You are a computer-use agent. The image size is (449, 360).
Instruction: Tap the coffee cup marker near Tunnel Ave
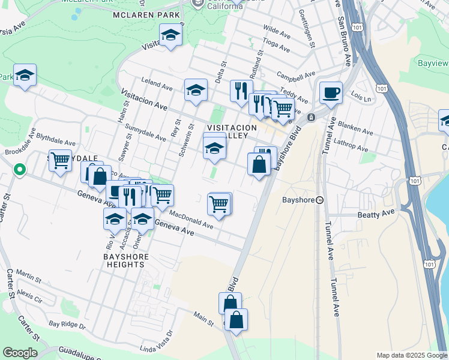pos(331,93)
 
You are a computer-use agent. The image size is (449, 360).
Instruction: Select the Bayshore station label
pos(298,200)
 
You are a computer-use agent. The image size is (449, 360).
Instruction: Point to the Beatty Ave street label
pos(376,212)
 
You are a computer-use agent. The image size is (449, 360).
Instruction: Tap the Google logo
pos(20,353)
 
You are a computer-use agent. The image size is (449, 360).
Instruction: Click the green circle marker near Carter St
pos(19,170)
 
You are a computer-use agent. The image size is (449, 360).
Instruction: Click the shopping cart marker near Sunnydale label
pos(60,161)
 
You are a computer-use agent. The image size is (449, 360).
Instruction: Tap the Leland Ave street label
pos(152,81)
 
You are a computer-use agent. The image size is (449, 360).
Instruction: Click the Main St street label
pos(204,319)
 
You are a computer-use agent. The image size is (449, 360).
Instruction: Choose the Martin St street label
pos(28,275)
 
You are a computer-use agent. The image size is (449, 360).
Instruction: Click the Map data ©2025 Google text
pos(411,355)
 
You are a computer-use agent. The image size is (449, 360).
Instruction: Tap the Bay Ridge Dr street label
pos(67,325)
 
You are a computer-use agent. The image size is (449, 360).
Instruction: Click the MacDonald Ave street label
pos(191,219)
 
